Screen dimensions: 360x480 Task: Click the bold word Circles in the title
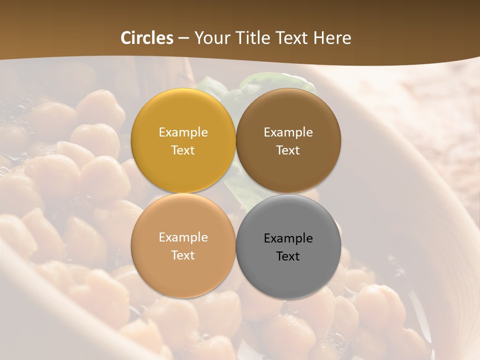[x=147, y=38]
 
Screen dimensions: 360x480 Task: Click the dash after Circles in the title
[x=183, y=38]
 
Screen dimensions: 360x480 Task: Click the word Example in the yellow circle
[x=183, y=132]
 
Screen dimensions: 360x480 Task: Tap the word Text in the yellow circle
[x=183, y=150]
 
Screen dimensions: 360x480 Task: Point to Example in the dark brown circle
[x=288, y=132]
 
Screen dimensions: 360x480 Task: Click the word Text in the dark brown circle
[x=288, y=150]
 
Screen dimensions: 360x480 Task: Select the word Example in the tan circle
[x=183, y=237]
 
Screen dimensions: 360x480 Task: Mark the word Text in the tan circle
[x=183, y=255]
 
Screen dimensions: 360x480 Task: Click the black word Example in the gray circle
[x=288, y=238]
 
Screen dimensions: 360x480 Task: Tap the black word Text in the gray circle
[x=288, y=256]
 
